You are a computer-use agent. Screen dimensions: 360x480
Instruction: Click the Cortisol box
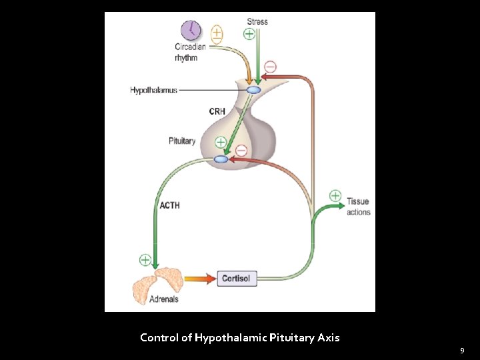237,278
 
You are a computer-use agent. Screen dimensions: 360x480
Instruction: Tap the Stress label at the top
257,21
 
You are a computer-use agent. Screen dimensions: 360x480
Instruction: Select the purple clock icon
191,30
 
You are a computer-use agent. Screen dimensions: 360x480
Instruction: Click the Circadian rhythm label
190,51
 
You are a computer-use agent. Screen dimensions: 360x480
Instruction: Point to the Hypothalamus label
153,90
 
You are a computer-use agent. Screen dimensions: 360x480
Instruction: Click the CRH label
217,111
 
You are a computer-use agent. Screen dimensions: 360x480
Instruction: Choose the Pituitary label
182,141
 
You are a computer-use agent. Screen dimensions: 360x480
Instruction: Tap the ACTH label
169,205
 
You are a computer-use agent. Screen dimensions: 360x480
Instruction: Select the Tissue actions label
358,207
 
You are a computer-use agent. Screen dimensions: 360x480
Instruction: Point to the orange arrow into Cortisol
198,279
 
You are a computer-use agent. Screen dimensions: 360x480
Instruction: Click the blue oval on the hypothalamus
254,90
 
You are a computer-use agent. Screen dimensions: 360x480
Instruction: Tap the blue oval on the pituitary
221,159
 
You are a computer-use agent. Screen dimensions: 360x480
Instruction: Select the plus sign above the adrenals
145,259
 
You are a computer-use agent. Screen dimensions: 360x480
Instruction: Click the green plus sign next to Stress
249,33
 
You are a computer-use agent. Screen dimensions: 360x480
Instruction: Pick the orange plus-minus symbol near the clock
217,34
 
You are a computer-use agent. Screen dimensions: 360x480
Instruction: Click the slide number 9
462,350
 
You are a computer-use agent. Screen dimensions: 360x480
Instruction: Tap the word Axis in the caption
328,337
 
